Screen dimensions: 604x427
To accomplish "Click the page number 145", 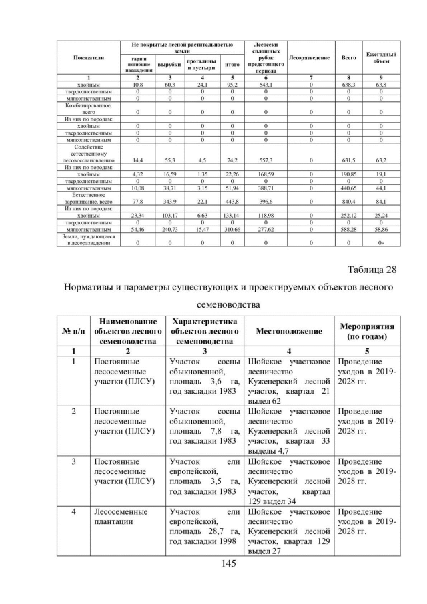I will click(213, 565).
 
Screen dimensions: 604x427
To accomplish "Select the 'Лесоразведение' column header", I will click(309, 58).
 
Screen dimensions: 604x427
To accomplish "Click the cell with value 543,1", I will click(266, 85).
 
